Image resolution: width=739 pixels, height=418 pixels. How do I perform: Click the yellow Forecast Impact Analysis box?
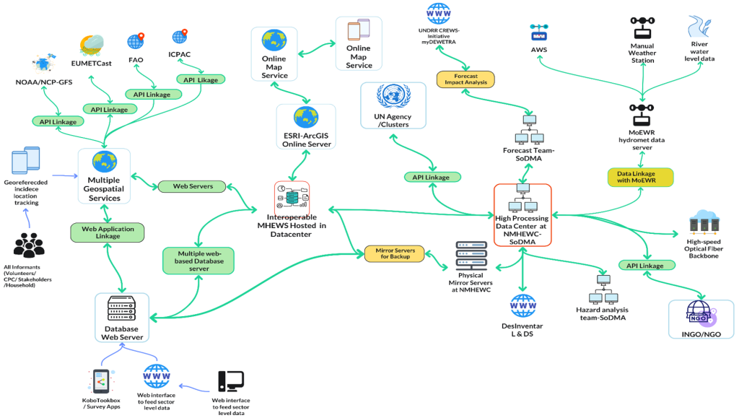tap(465, 79)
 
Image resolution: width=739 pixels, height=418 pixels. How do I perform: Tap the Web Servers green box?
tap(192, 186)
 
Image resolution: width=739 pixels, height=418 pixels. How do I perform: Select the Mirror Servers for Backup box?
tap(395, 253)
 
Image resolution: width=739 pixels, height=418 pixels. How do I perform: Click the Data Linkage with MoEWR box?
tap(641, 177)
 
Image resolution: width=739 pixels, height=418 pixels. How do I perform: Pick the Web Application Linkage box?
tap(108, 232)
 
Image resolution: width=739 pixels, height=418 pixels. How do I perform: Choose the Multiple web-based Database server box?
tap(198, 261)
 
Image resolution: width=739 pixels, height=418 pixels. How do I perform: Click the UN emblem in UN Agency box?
tap(393, 97)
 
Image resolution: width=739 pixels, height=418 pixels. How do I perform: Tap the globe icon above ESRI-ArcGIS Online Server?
tap(306, 118)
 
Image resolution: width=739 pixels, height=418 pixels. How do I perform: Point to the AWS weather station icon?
tap(538, 33)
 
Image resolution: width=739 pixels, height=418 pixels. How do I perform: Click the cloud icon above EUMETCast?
tap(92, 45)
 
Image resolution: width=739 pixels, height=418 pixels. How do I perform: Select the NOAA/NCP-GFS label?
tap(44, 82)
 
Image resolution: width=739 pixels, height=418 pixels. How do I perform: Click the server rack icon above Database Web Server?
tap(121, 308)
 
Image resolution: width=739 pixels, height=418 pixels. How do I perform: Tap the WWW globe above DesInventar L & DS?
tap(522, 306)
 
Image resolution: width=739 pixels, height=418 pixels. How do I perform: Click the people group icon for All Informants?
tap(29, 245)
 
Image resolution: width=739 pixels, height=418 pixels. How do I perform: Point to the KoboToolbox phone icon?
tap(101, 381)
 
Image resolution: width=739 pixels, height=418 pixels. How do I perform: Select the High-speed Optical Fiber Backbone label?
tap(704, 249)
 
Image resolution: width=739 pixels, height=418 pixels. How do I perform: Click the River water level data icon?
tap(699, 27)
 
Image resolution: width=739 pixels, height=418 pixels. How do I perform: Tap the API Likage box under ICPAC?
tap(201, 79)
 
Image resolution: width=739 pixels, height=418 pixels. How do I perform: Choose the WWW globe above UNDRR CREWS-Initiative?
tap(438, 13)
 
